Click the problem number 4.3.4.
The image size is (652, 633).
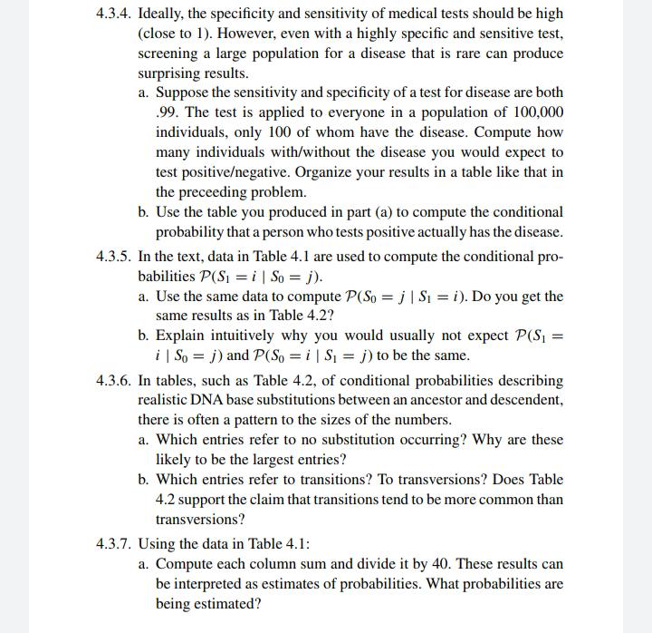(113, 14)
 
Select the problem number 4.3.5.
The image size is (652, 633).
(113, 257)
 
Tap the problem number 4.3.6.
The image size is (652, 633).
(113, 380)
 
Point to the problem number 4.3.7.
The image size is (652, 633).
(113, 544)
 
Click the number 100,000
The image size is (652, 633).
(532, 112)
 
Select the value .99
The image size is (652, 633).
(167, 112)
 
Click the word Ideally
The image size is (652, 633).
(163, 14)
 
